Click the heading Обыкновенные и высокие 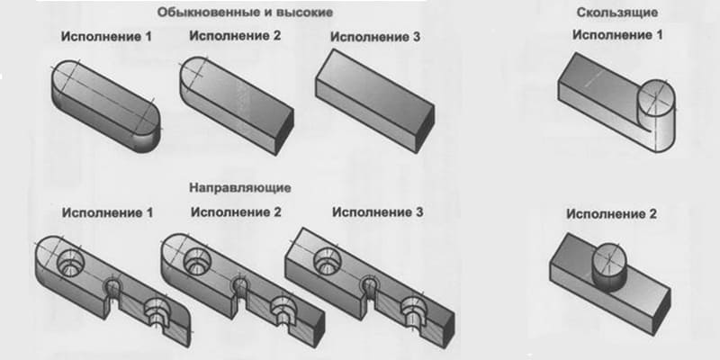[x=245, y=13]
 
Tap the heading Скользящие [x=617, y=13]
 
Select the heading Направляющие [x=240, y=188]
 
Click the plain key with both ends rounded [x=105, y=105]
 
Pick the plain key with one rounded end [x=237, y=105]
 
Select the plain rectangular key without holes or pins [x=375, y=101]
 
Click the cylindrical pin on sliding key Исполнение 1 [x=655, y=115]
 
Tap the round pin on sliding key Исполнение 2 [x=609, y=266]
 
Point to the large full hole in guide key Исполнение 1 [x=70, y=264]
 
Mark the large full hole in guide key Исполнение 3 [x=328, y=261]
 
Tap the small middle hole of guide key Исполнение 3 [x=370, y=286]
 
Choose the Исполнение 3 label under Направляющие [x=378, y=212]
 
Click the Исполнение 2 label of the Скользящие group [x=611, y=214]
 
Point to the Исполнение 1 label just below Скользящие [x=617, y=35]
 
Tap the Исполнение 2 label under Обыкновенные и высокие [x=235, y=36]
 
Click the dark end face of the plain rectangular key [x=425, y=129]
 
